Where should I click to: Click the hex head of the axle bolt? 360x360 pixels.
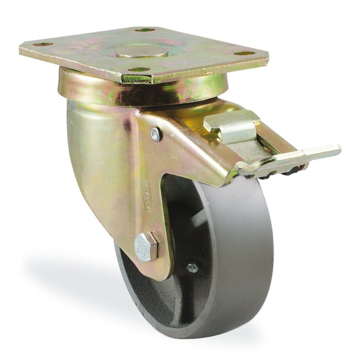(x=146, y=246)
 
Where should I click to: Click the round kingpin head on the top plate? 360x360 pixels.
(x=142, y=52)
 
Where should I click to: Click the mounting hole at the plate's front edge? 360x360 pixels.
(x=139, y=70)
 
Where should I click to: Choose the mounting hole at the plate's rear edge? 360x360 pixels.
(x=145, y=30)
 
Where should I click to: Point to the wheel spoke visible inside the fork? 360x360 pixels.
(x=198, y=221)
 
